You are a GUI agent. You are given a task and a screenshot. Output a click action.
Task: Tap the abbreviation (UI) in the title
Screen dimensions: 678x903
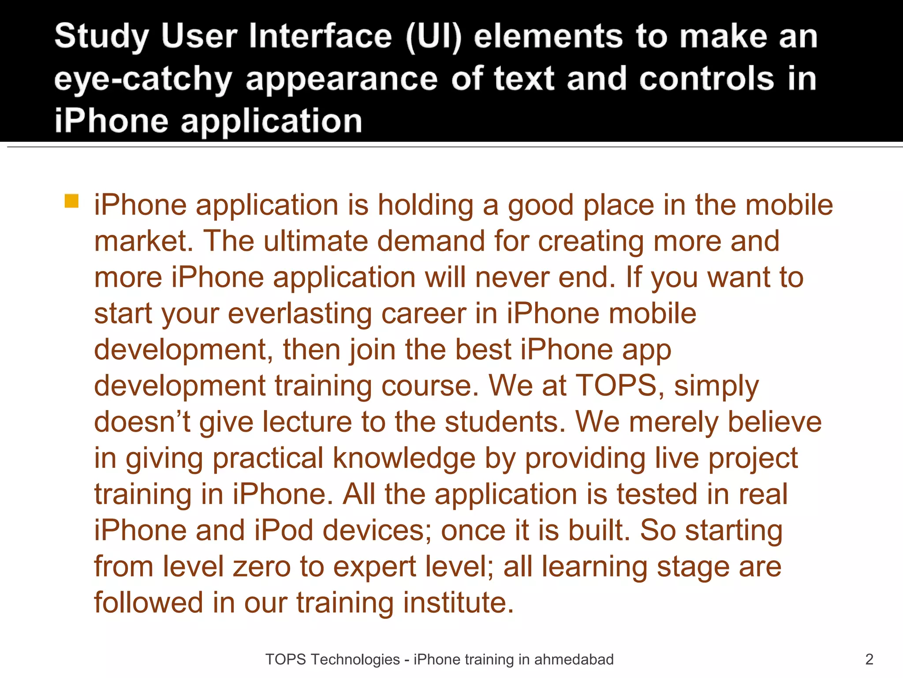click(433, 37)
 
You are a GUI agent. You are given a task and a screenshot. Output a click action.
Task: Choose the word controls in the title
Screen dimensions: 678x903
click(706, 79)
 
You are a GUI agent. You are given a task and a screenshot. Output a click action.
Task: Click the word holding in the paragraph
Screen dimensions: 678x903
click(425, 206)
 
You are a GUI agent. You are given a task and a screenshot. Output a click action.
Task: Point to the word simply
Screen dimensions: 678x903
click(716, 387)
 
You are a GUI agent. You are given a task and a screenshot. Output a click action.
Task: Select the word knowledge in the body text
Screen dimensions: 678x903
click(404, 458)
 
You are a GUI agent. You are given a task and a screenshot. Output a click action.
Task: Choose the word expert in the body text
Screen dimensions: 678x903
click(374, 567)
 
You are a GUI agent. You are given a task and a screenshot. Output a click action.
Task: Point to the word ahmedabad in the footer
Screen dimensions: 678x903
click(574, 659)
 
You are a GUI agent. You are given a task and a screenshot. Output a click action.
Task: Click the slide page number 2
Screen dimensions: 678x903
click(869, 659)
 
